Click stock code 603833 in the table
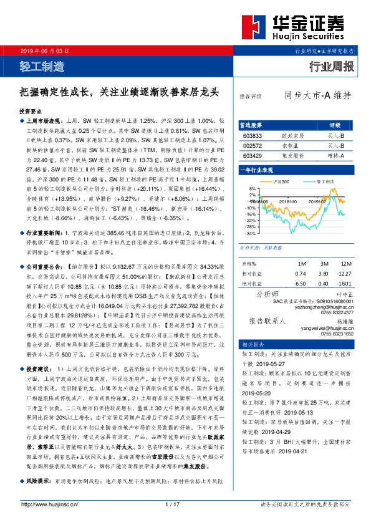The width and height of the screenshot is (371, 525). (252, 135)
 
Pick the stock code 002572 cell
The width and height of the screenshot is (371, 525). (252, 145)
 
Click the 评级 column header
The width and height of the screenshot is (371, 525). (335, 125)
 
